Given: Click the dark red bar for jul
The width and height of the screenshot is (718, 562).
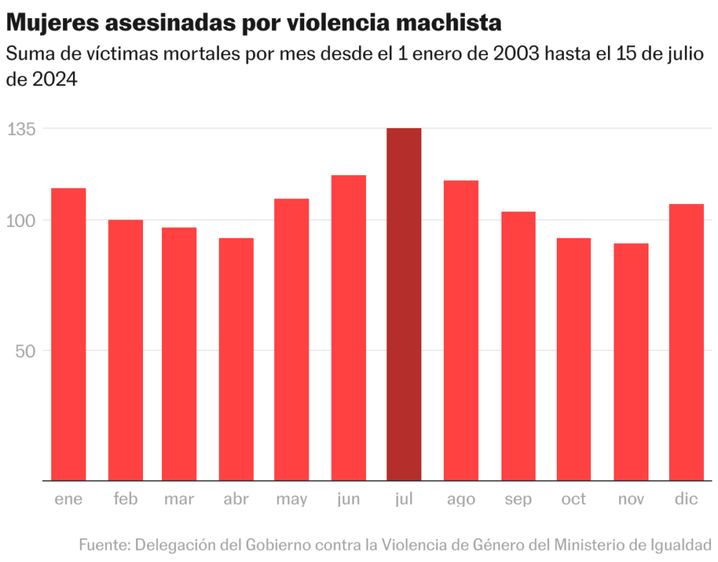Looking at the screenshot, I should coord(404,304).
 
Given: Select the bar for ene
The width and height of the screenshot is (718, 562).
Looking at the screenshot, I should coord(69,334).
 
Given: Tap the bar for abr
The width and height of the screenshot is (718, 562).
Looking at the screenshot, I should coord(236,359).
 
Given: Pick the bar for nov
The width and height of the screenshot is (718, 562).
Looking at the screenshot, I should coord(631,362).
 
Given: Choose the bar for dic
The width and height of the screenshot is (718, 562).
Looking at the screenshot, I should coord(686,342).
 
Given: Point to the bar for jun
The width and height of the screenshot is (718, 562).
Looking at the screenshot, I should coord(348,327).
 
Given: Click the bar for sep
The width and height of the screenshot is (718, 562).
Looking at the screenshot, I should coord(518,346).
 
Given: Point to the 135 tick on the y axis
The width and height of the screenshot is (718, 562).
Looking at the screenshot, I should coord(22,129).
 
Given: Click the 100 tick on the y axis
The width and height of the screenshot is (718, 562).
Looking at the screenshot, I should coord(22,221).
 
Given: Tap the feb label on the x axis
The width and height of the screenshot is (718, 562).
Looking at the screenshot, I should coord(126,500).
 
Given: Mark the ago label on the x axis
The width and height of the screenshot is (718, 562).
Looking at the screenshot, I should coord(461,500).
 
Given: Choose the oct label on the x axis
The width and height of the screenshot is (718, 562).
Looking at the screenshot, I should coord(574,500).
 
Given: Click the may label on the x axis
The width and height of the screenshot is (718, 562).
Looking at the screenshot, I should coord(292,500).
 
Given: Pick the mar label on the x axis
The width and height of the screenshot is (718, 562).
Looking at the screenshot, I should coord(179,500).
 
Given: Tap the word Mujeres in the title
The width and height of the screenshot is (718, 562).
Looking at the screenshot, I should coord(52,23).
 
